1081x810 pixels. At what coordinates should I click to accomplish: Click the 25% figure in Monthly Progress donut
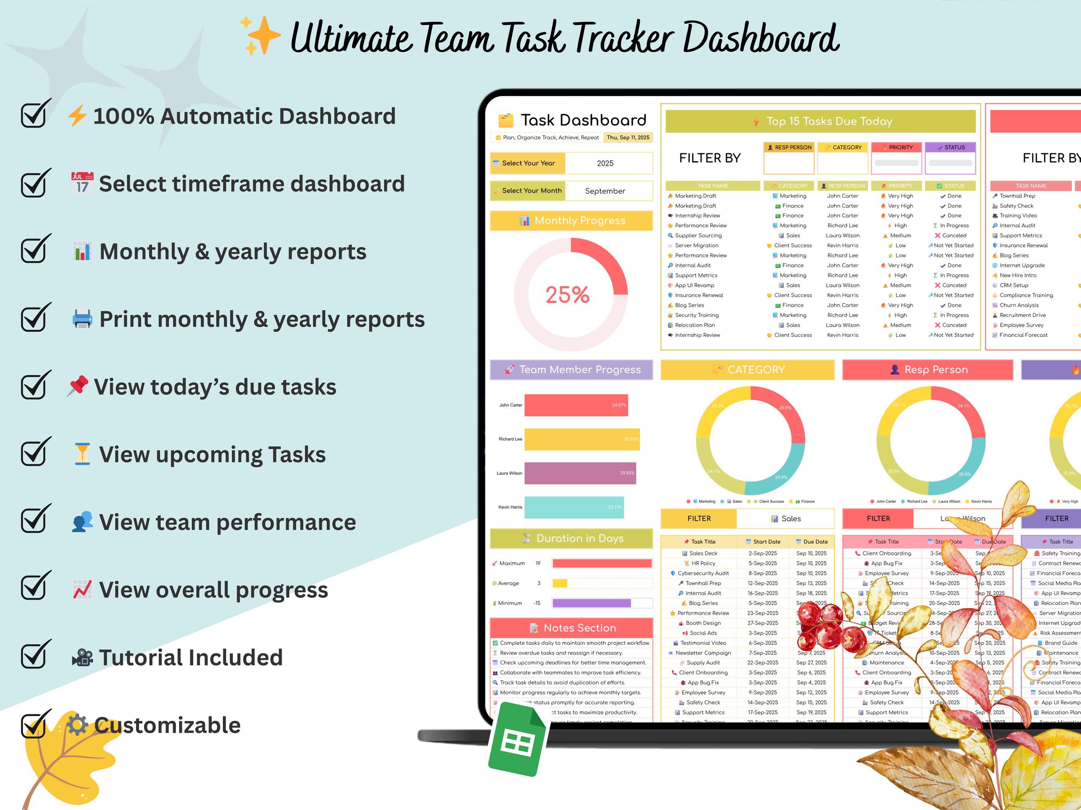568,295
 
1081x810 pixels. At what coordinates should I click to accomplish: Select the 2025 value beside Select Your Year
605,163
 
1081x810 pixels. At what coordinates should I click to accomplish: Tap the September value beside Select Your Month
605,191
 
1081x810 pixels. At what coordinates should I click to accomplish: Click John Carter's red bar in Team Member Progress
576,405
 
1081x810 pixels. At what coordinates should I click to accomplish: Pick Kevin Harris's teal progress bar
574,507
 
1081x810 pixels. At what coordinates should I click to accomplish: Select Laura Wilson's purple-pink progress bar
580,473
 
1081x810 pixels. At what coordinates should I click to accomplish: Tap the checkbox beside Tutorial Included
35,655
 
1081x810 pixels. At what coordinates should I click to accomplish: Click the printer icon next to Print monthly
82,319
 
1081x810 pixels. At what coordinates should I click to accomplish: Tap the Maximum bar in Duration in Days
602,563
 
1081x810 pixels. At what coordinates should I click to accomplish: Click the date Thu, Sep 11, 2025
628,138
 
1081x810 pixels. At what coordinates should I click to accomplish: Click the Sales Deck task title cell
699,554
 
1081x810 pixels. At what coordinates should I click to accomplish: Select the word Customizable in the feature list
167,725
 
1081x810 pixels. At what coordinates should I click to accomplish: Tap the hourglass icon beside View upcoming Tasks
82,453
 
